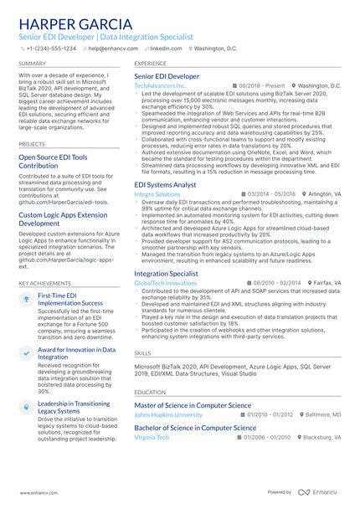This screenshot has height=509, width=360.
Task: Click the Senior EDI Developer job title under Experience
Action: [167, 76]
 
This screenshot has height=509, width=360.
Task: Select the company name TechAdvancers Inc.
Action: [160, 86]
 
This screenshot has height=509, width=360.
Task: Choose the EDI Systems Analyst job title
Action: [165, 184]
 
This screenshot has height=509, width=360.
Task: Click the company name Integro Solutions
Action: [157, 193]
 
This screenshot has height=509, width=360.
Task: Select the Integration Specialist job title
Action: [166, 274]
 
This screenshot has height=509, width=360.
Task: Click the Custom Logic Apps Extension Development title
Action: [63, 219]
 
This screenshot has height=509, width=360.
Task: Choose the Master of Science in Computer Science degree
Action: [198, 405]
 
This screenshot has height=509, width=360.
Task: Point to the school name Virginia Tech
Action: [152, 437]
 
